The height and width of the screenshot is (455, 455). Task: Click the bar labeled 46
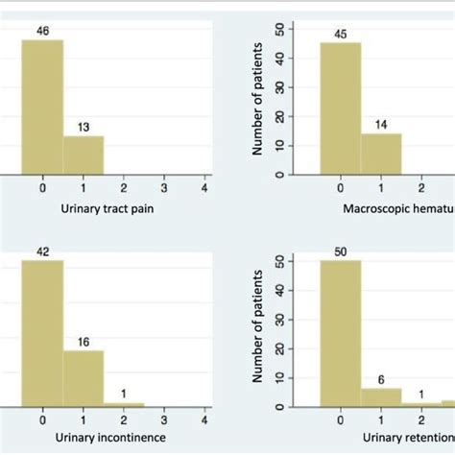(x=42, y=107)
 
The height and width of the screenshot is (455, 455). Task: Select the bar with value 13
(x=84, y=156)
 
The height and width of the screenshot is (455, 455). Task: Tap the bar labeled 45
(x=341, y=108)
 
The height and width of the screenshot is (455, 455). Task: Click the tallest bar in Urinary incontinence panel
(x=42, y=332)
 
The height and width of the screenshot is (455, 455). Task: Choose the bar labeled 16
(x=84, y=376)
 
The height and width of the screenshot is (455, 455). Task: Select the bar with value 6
(x=381, y=396)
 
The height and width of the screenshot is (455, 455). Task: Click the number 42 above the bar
(x=42, y=252)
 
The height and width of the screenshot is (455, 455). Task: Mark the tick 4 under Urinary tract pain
(x=205, y=188)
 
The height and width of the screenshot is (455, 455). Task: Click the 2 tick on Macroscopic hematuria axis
(x=422, y=188)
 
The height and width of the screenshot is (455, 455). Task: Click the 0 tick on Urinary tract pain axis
(x=42, y=188)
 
